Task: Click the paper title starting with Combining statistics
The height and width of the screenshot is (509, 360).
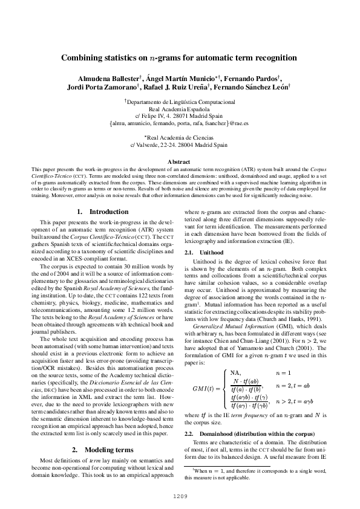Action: pos(179,58)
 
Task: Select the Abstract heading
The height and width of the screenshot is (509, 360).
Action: pos(179,162)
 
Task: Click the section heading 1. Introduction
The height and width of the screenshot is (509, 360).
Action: pos(103,212)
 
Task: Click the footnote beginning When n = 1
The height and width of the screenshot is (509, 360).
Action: pos(256,473)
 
